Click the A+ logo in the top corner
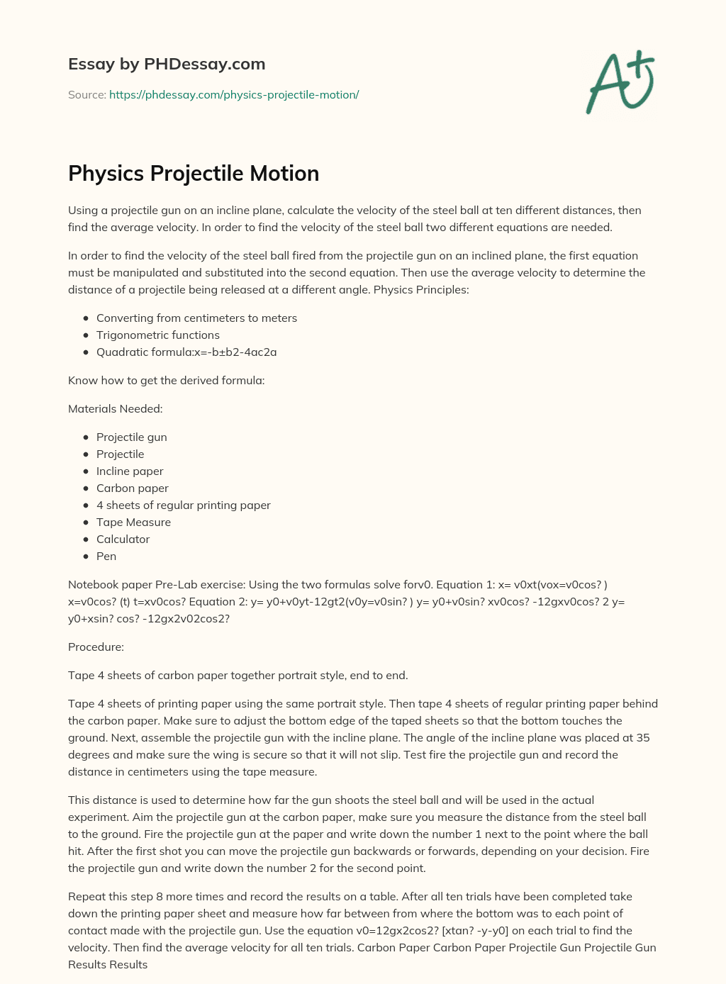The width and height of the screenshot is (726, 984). point(621,82)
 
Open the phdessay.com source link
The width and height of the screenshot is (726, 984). point(234,94)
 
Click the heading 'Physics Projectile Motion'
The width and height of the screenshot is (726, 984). point(194,174)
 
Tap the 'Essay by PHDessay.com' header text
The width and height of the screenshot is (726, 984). point(167,64)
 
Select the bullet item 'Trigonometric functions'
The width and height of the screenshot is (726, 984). point(157,335)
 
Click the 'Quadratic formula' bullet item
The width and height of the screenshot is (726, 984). point(186,352)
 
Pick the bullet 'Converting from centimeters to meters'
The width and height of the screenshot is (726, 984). point(196,318)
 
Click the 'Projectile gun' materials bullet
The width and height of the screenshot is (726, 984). point(131,437)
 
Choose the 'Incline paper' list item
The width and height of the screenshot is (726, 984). point(130,471)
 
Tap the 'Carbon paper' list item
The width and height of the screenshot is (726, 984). point(132,488)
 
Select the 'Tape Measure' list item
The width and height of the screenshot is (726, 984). point(133,522)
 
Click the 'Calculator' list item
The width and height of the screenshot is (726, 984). point(123,539)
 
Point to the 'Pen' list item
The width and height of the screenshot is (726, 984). point(106,556)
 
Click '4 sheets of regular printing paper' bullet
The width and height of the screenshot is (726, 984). point(183,505)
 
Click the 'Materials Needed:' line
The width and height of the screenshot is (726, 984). point(115,408)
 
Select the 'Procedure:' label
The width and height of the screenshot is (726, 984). point(96,647)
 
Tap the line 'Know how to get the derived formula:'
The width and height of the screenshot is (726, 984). point(166,380)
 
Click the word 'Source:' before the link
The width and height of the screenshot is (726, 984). point(86,94)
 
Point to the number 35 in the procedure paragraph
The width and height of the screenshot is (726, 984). point(642,737)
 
